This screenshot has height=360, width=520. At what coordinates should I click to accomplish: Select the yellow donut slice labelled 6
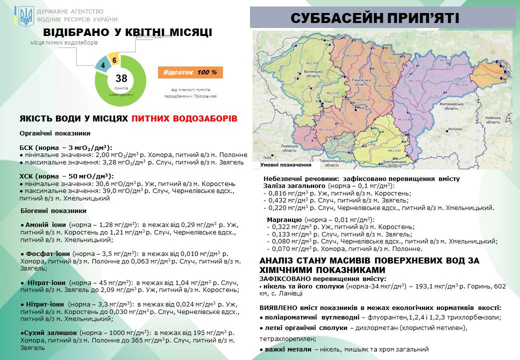click(x=114, y=59)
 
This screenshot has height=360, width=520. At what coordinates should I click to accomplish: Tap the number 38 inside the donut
click(x=121, y=78)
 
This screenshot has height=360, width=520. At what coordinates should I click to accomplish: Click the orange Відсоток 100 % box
click(x=190, y=72)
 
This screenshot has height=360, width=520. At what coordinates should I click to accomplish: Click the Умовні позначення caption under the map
click(x=286, y=165)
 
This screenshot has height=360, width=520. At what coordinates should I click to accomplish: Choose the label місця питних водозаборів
click(x=63, y=43)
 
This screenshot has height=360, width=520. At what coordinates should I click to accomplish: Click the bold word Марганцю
click(x=283, y=219)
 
